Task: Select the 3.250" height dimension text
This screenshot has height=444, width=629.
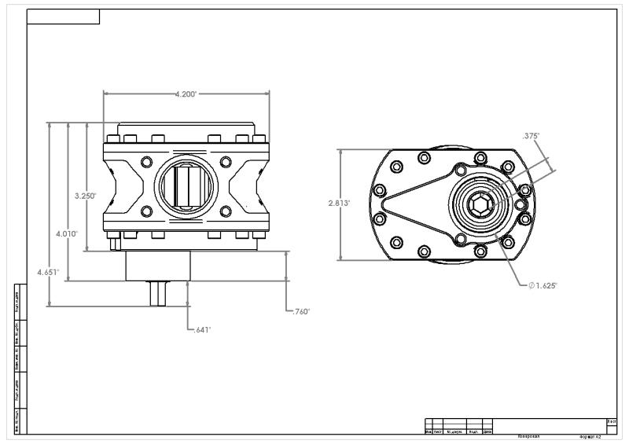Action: pyautogui.click(x=85, y=196)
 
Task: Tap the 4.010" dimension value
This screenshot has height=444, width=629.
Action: pyautogui.click(x=66, y=234)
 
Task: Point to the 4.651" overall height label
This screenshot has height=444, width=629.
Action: pyautogui.click(x=48, y=272)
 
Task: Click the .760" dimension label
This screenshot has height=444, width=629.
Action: pyautogui.click(x=300, y=312)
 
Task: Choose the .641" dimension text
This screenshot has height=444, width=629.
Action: pyautogui.click(x=202, y=330)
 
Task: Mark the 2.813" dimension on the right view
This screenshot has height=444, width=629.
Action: pyautogui.click(x=339, y=203)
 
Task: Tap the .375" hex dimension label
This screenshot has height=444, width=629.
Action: pyautogui.click(x=531, y=136)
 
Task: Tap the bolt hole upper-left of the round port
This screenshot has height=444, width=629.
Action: pyautogui.click(x=145, y=162)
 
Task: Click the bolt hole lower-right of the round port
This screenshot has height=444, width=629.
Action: pyautogui.click(x=226, y=211)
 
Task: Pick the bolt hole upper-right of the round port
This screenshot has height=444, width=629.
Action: pyautogui.click(x=226, y=162)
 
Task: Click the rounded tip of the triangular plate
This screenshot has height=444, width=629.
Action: pyautogui.click(x=384, y=204)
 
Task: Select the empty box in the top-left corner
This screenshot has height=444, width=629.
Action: pyautogui.click(x=63, y=17)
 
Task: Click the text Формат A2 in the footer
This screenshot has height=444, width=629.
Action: pyautogui.click(x=590, y=435)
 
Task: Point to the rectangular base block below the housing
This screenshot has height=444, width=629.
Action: pyautogui.click(x=158, y=266)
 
